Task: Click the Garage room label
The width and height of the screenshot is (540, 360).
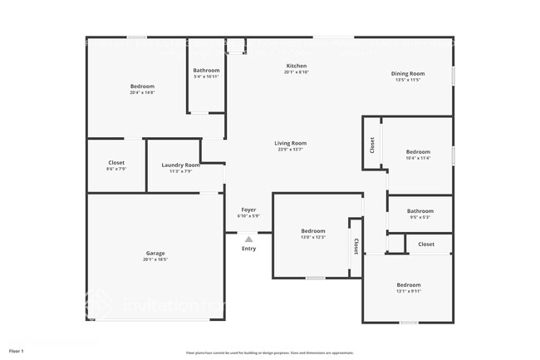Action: point(155,253)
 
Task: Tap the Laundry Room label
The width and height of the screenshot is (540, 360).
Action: point(180,165)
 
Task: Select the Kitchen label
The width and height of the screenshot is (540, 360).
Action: point(297,66)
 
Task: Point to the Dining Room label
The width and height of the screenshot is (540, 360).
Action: point(408,73)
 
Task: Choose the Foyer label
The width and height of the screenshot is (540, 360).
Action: point(248,210)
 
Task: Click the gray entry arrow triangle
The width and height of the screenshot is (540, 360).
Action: point(248,239)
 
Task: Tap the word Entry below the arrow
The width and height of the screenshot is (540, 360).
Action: point(248,249)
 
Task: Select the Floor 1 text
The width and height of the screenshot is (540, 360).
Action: point(17,351)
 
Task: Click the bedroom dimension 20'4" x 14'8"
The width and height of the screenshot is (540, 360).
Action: point(142,92)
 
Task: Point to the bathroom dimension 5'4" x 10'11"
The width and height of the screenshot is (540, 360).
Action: point(206,76)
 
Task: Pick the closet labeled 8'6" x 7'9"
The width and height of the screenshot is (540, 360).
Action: point(116,169)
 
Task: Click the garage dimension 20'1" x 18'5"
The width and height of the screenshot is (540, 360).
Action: point(155,259)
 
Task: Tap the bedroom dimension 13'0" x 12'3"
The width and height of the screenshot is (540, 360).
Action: point(312,237)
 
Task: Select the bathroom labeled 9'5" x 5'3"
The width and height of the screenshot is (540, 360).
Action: point(420,217)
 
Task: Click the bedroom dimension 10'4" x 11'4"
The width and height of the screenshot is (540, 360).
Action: point(418,158)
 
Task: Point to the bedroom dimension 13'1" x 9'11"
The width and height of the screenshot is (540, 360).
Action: point(408,291)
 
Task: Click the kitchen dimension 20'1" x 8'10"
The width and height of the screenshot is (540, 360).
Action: point(297,72)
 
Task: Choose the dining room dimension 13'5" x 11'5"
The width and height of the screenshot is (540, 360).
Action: point(408,80)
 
